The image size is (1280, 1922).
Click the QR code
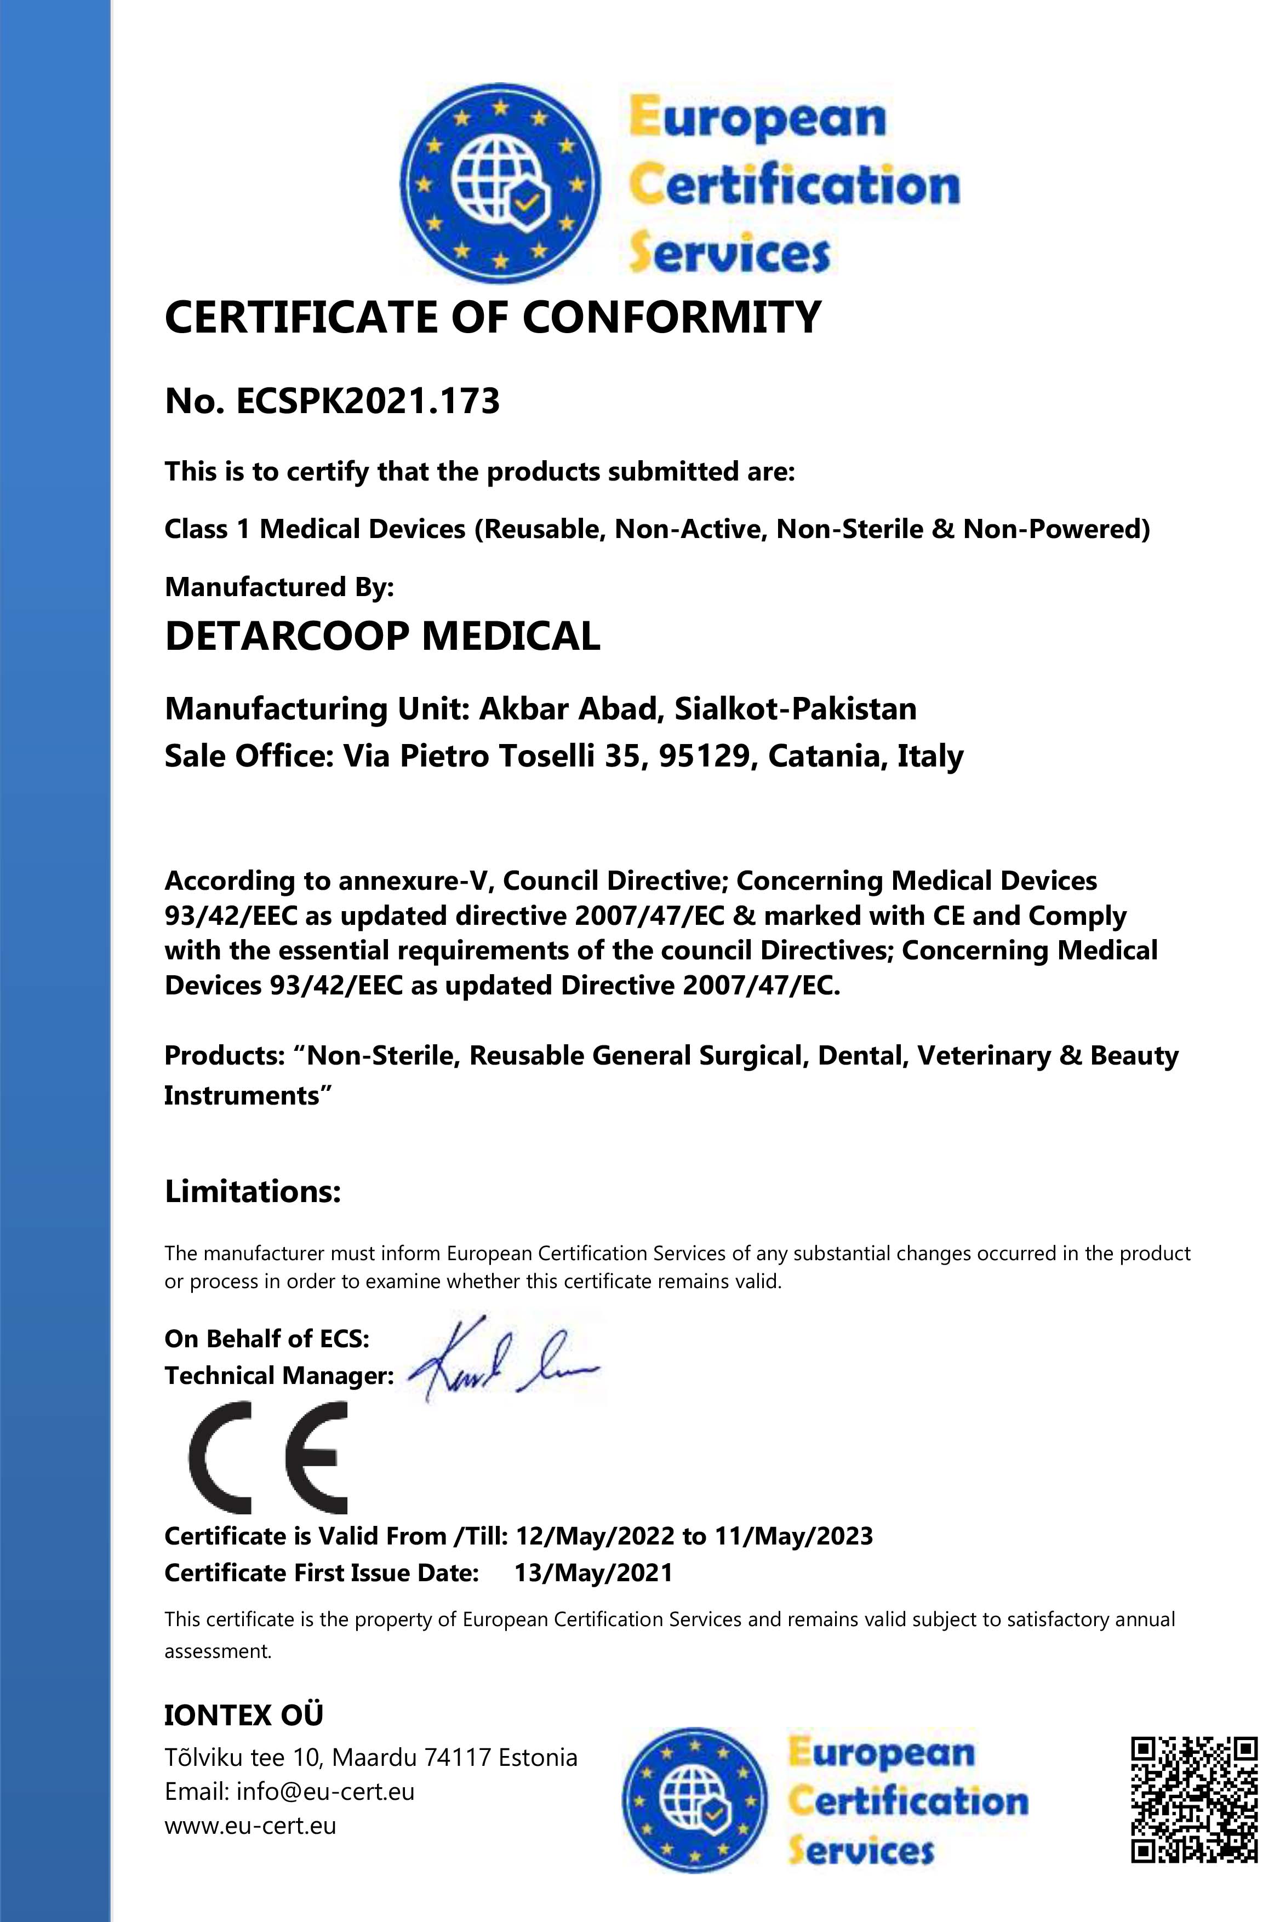[1193, 1800]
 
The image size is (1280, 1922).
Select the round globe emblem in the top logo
[500, 185]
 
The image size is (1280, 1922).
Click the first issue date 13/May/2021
[593, 1572]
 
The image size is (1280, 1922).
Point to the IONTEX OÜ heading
[243, 1715]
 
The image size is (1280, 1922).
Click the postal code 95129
[704, 757]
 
